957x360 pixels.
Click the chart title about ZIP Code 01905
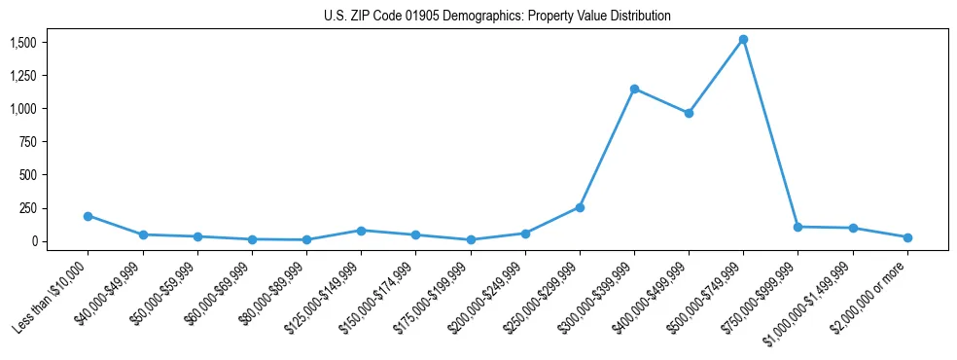coord(497,17)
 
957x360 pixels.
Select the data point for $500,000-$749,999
coord(743,40)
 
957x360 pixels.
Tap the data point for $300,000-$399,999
coord(634,89)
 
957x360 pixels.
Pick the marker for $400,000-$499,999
coord(689,113)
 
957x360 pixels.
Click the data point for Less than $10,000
coord(89,216)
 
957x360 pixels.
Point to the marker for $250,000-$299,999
coord(580,207)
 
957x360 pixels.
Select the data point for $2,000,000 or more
coord(907,237)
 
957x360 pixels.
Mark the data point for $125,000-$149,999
coord(361,231)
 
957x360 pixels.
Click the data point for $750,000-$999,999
coord(797,227)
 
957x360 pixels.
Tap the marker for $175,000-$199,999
coord(471,239)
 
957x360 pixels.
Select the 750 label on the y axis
coord(27,142)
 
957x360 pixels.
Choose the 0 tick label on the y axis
coord(33,241)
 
